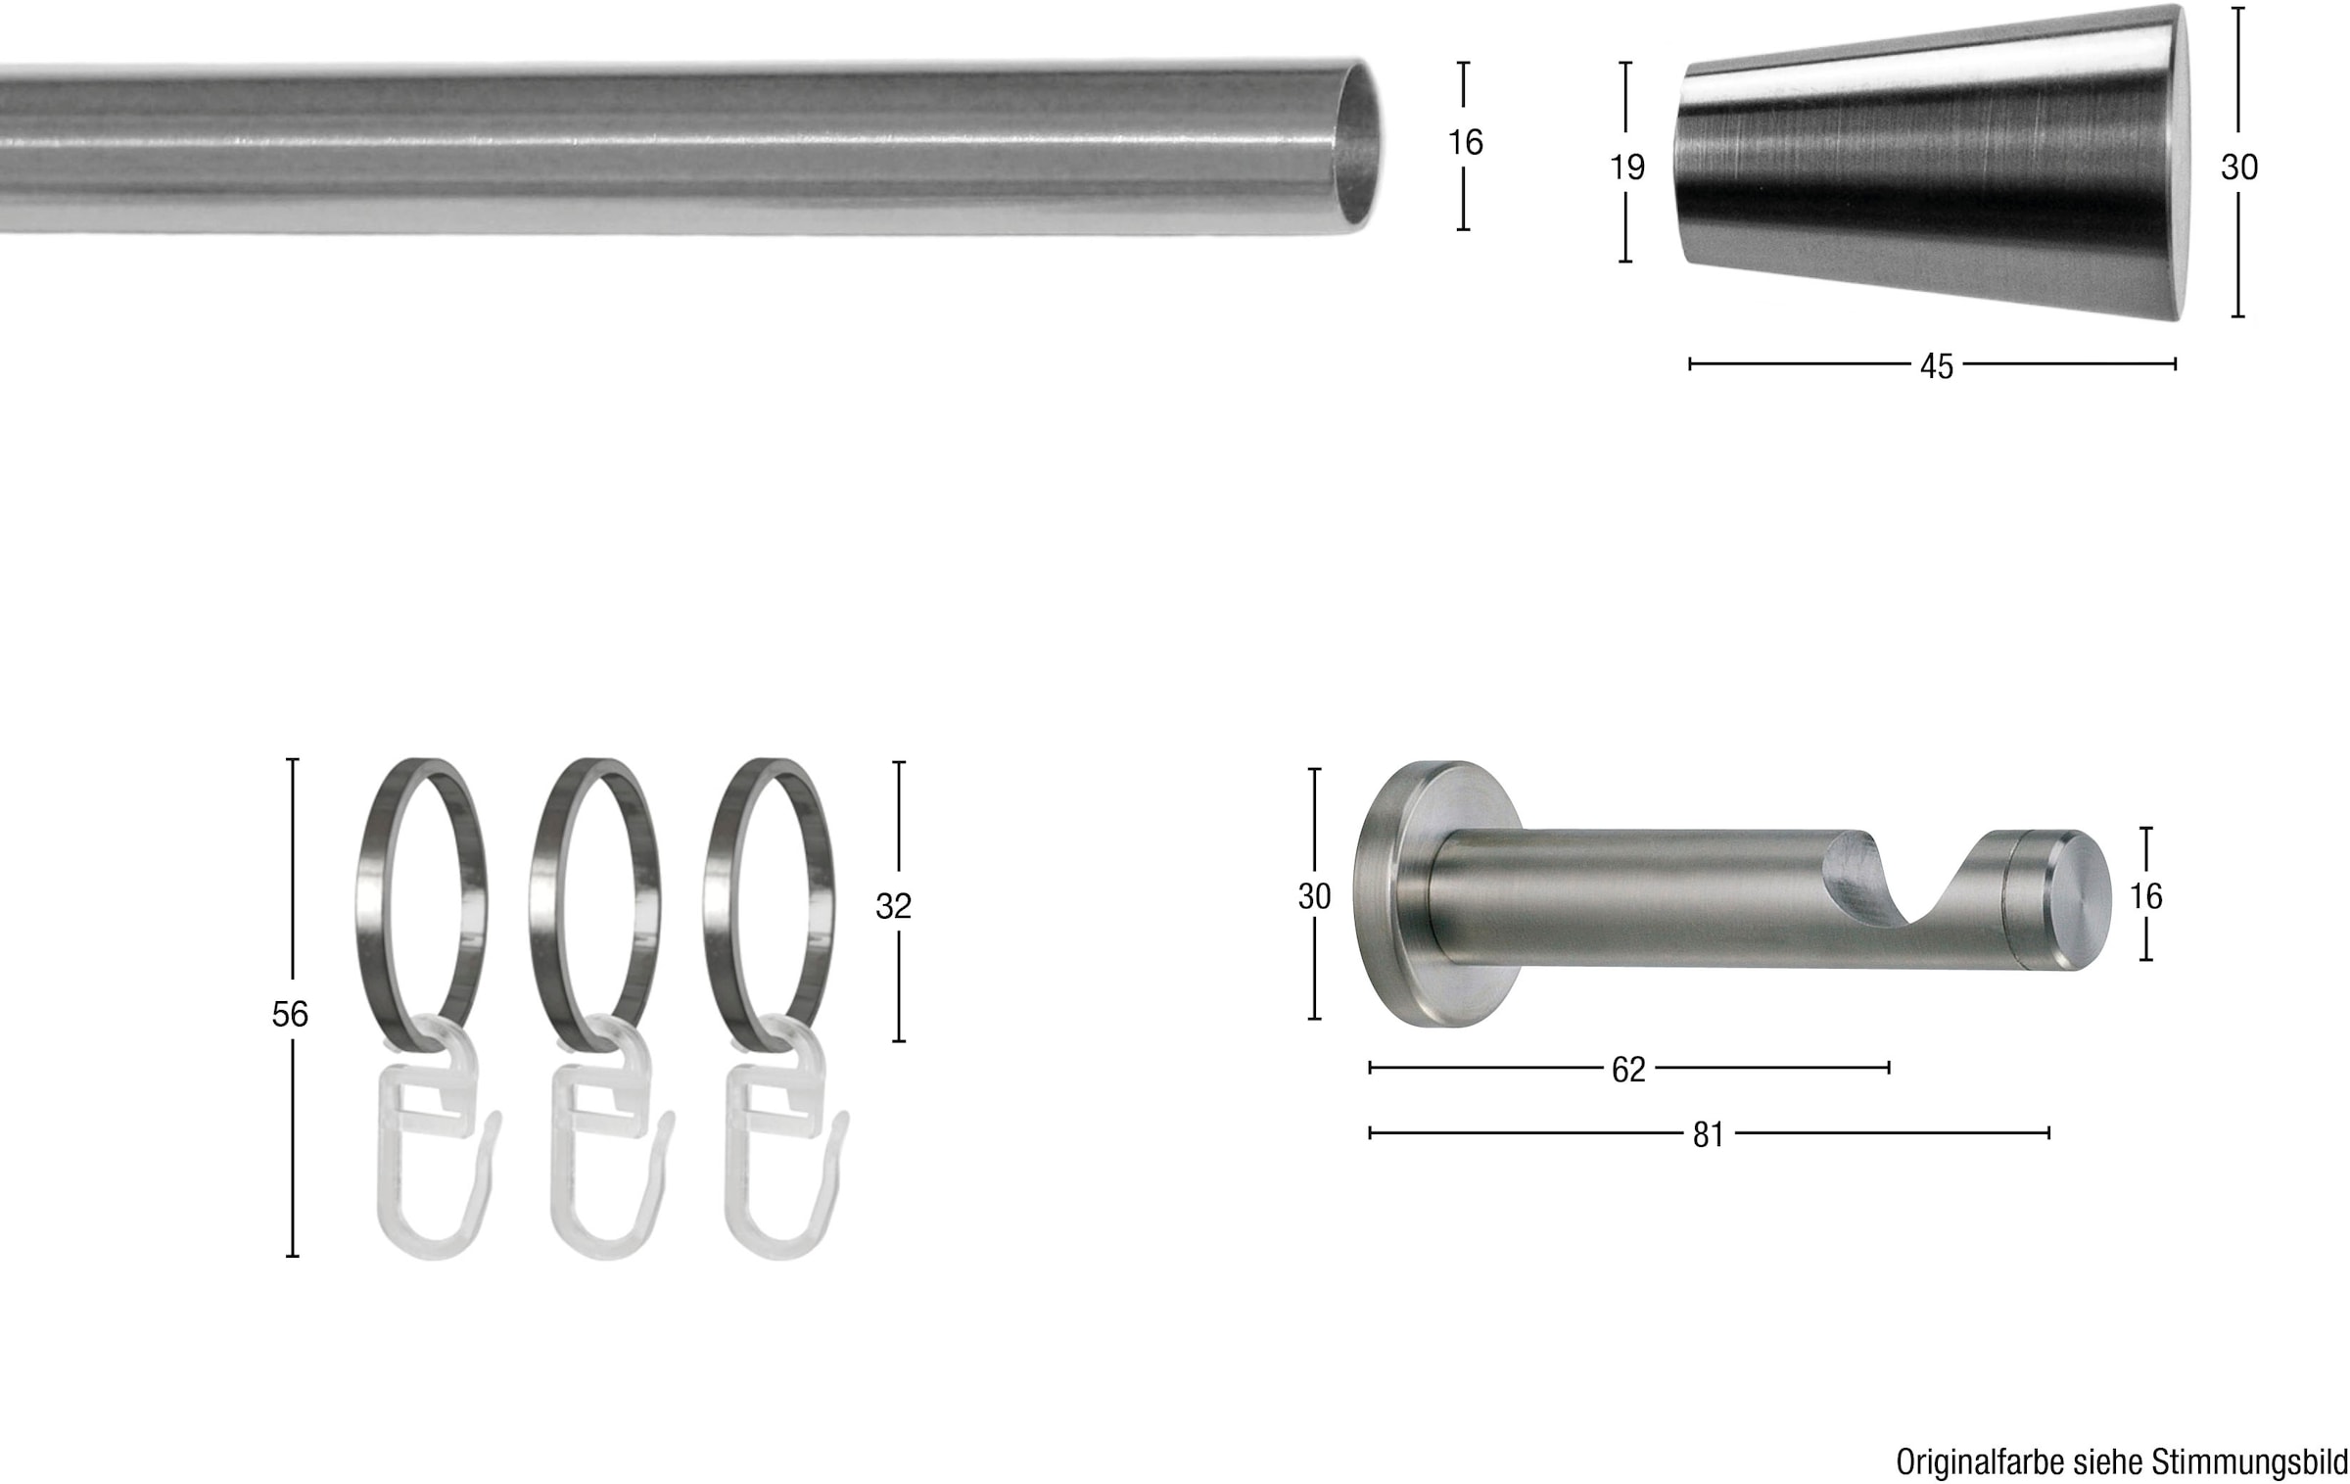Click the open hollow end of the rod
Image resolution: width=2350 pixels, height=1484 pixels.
pos(1359,147)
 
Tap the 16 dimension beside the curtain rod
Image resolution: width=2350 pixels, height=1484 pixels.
pos(1465,143)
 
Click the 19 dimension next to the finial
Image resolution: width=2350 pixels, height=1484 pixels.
pos(1627,168)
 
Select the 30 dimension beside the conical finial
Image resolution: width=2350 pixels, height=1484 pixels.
pos(2238,168)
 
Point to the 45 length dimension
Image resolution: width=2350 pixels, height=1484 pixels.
pos(1936,366)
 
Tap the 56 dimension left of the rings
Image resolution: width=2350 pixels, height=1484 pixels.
pos(290,1014)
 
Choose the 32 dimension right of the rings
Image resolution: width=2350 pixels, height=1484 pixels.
pos(893,906)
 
